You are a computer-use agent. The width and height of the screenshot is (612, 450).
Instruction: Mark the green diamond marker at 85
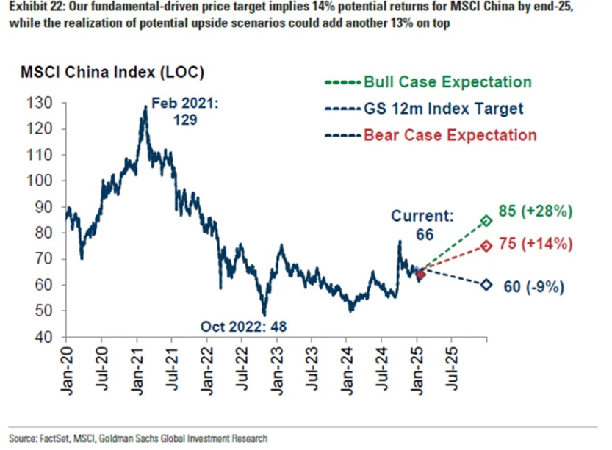(x=486, y=220)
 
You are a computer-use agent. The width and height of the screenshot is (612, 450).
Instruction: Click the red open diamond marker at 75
(x=486, y=246)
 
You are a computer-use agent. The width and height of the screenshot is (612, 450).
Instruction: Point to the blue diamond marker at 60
(x=486, y=285)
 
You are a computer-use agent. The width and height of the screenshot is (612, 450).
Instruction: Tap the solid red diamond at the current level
(x=420, y=275)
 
